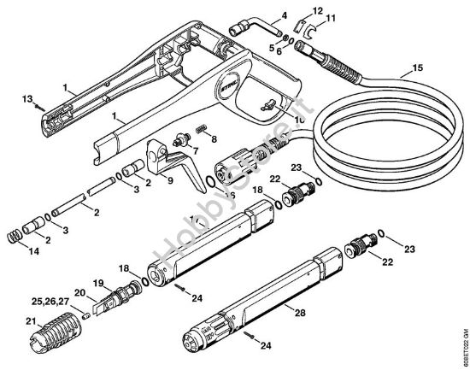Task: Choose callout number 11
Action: click(x=332, y=17)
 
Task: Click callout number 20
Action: click(x=79, y=293)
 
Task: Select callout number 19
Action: click(x=97, y=283)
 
